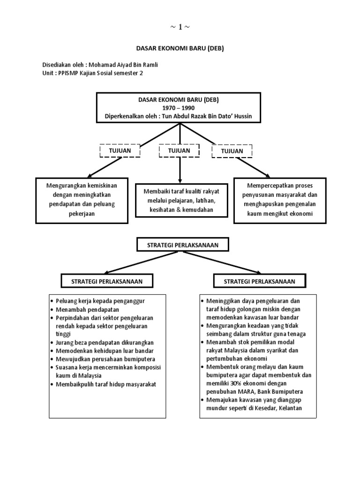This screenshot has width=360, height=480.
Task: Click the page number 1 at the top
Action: point(180,27)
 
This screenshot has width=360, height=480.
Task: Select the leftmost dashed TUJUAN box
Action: point(120,151)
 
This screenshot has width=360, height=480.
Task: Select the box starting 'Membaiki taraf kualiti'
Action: point(180,200)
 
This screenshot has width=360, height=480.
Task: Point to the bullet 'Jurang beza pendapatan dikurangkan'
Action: point(105,343)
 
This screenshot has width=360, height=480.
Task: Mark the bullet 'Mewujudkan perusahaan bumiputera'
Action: point(104,359)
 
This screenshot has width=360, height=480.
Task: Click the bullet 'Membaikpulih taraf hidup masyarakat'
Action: point(106,384)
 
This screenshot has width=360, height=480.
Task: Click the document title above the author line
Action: point(180,48)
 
